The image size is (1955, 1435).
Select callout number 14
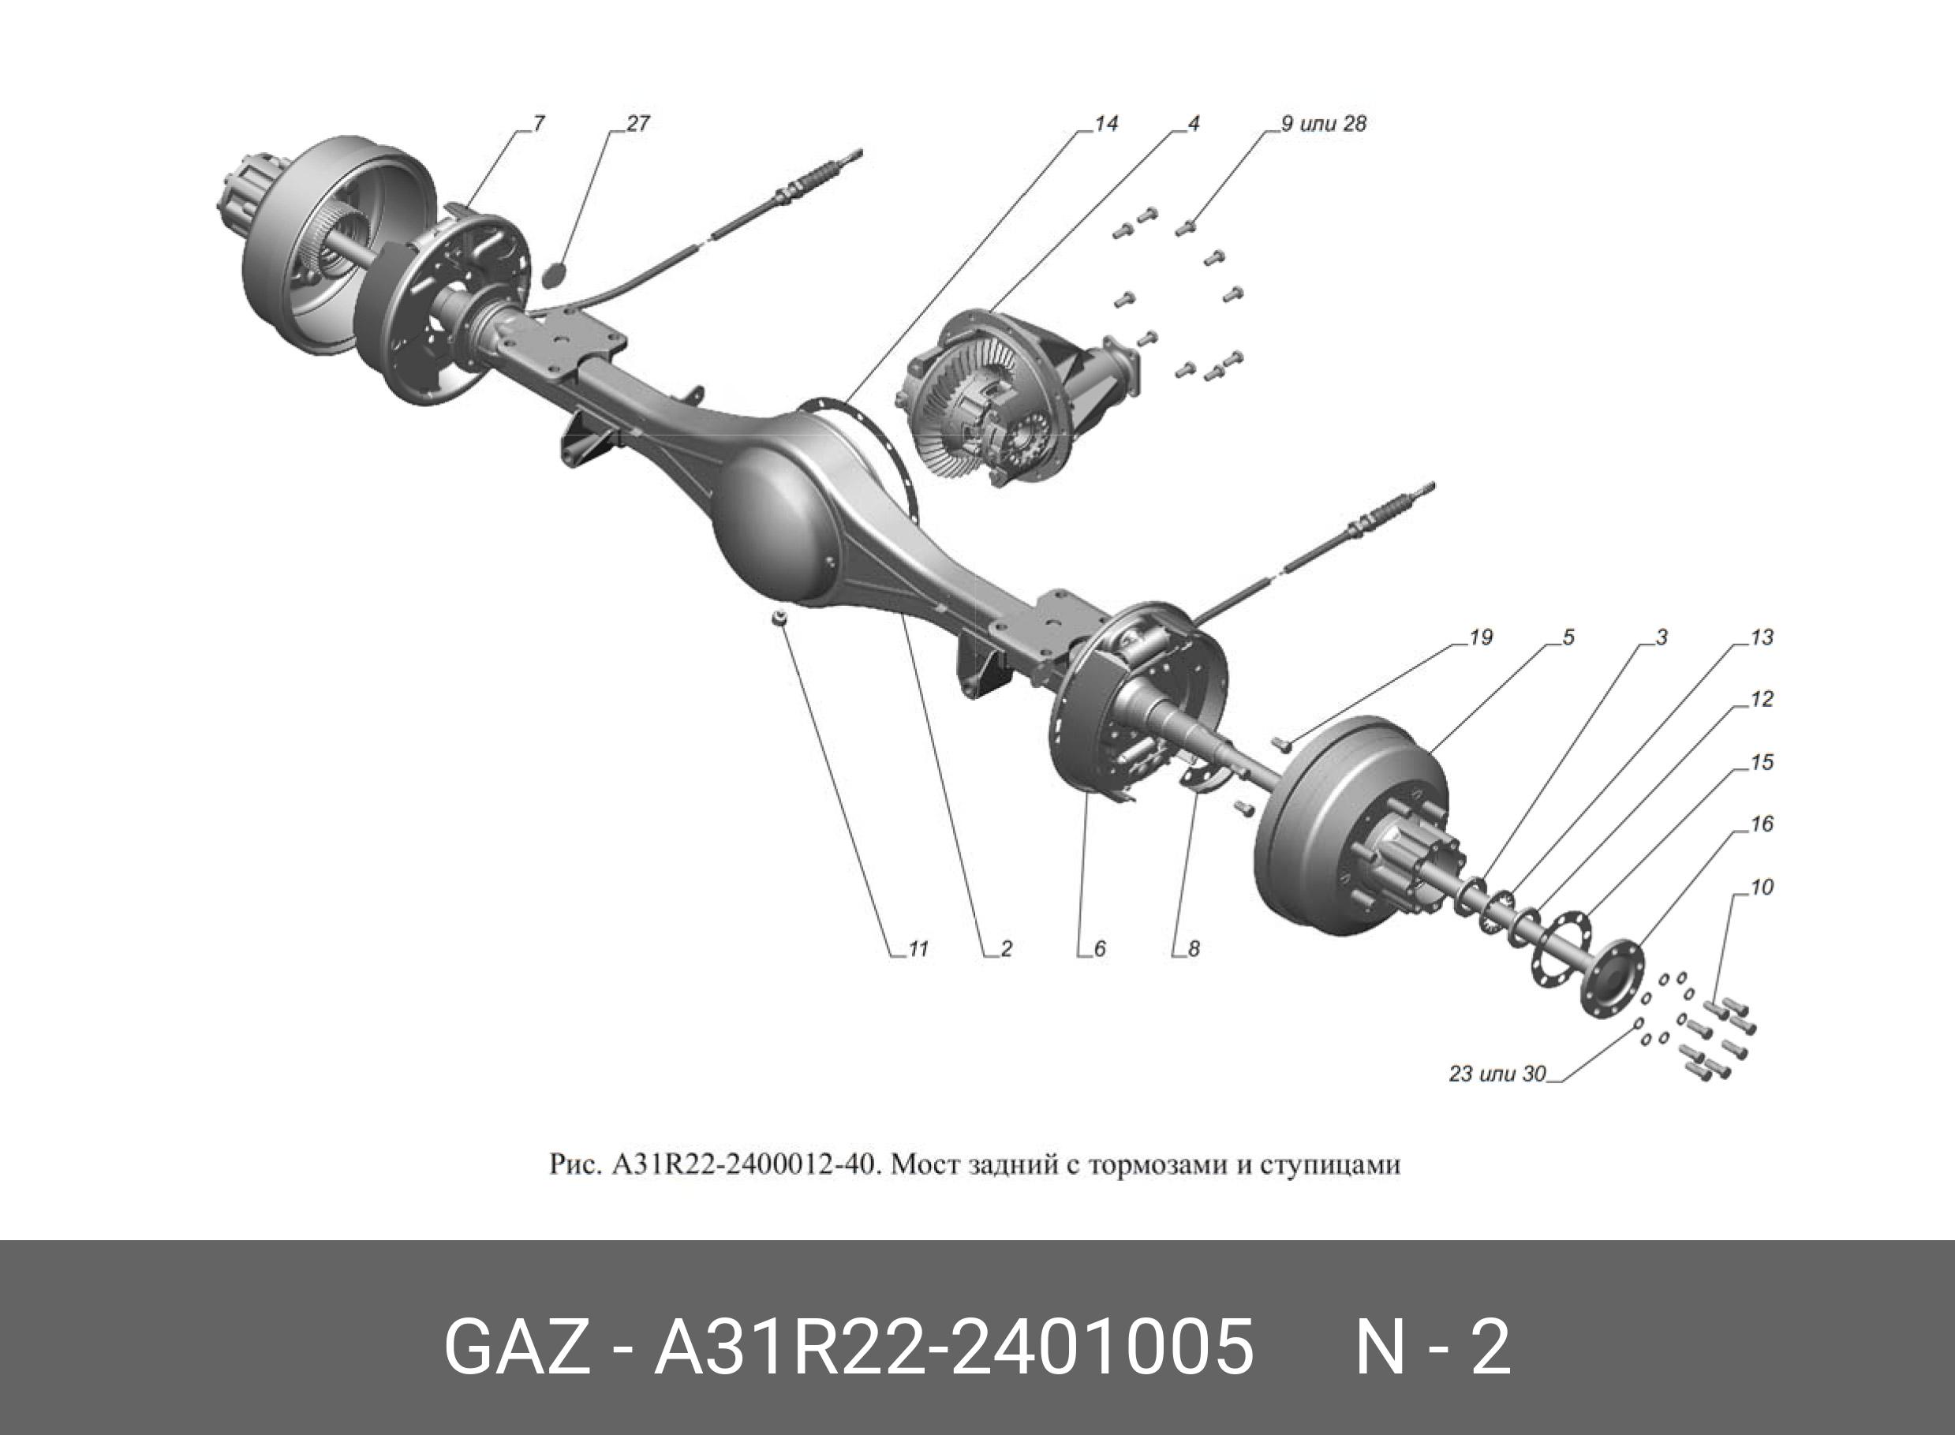(1105, 124)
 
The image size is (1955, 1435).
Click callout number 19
(1480, 637)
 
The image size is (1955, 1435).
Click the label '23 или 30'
(1497, 1074)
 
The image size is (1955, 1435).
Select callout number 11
(918, 949)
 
